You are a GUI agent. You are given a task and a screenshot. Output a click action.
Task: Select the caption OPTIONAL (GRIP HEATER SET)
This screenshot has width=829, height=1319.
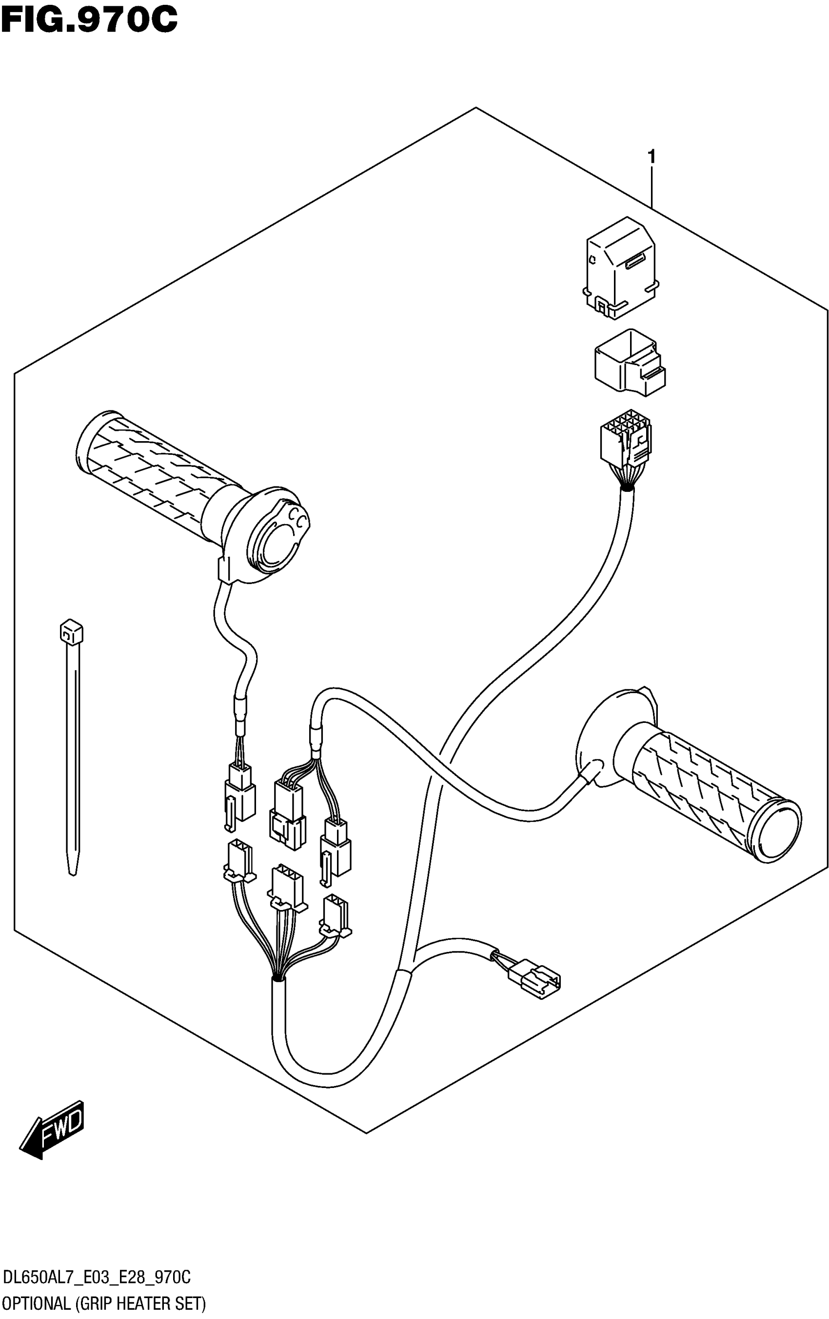pos(104,1304)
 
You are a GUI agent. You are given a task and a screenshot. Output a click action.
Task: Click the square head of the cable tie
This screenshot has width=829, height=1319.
pos(71,632)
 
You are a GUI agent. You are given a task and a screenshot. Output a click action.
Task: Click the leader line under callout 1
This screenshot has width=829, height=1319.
pos(651,186)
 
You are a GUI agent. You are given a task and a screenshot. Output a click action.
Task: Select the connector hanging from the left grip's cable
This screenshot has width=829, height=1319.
pos(239,794)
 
